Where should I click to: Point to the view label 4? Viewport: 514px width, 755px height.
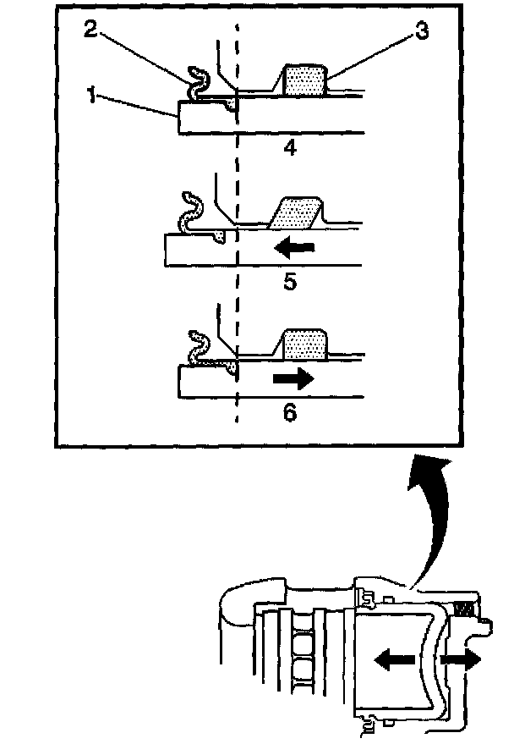point(290,149)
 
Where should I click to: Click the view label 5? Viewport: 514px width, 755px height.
point(290,281)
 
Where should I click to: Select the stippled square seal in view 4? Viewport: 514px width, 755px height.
point(303,81)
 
